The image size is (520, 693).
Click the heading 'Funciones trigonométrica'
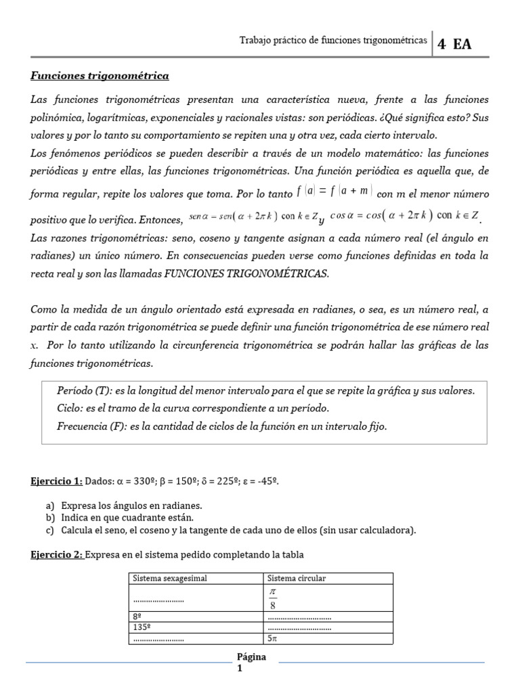(x=100, y=76)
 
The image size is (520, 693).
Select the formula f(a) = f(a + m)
(x=334, y=191)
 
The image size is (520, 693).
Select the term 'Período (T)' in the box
(x=86, y=390)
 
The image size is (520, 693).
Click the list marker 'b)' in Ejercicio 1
(x=50, y=518)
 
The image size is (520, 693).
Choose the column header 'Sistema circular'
(x=297, y=578)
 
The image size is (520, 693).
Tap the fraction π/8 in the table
(x=274, y=598)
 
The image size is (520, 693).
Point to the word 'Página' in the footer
(x=252, y=657)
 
